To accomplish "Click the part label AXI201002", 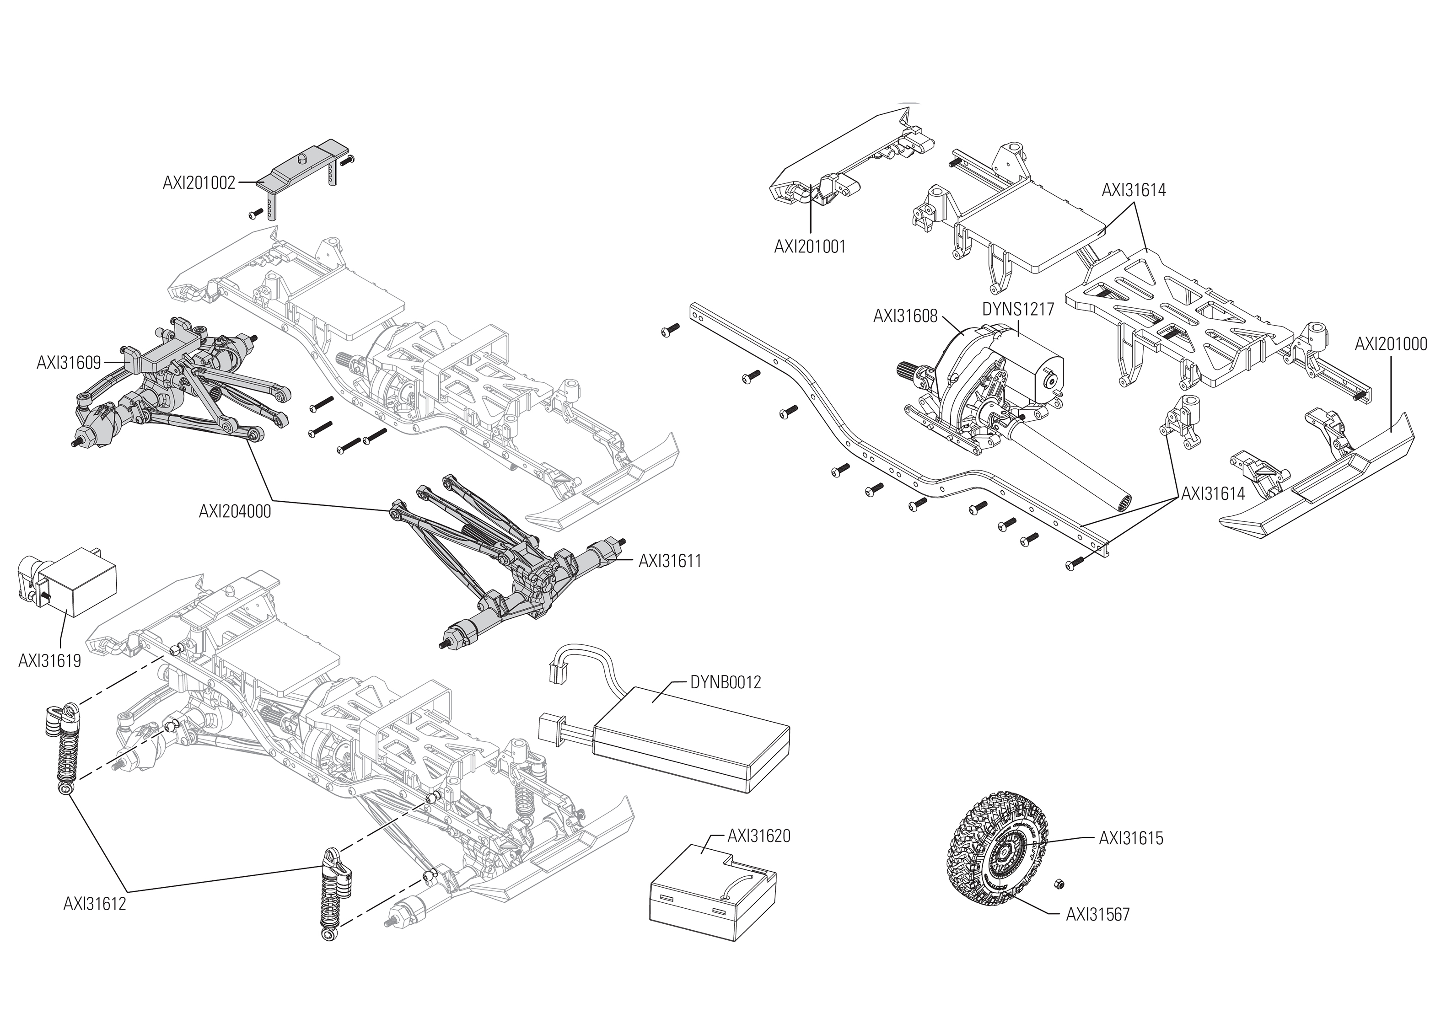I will (199, 183).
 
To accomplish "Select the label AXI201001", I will (809, 247).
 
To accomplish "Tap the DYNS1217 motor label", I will (1018, 309).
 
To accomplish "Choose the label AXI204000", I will (235, 511).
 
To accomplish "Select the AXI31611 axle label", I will (670, 561).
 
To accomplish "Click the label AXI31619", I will (49, 661).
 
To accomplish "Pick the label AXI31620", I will (758, 836).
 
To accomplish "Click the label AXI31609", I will (69, 362).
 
